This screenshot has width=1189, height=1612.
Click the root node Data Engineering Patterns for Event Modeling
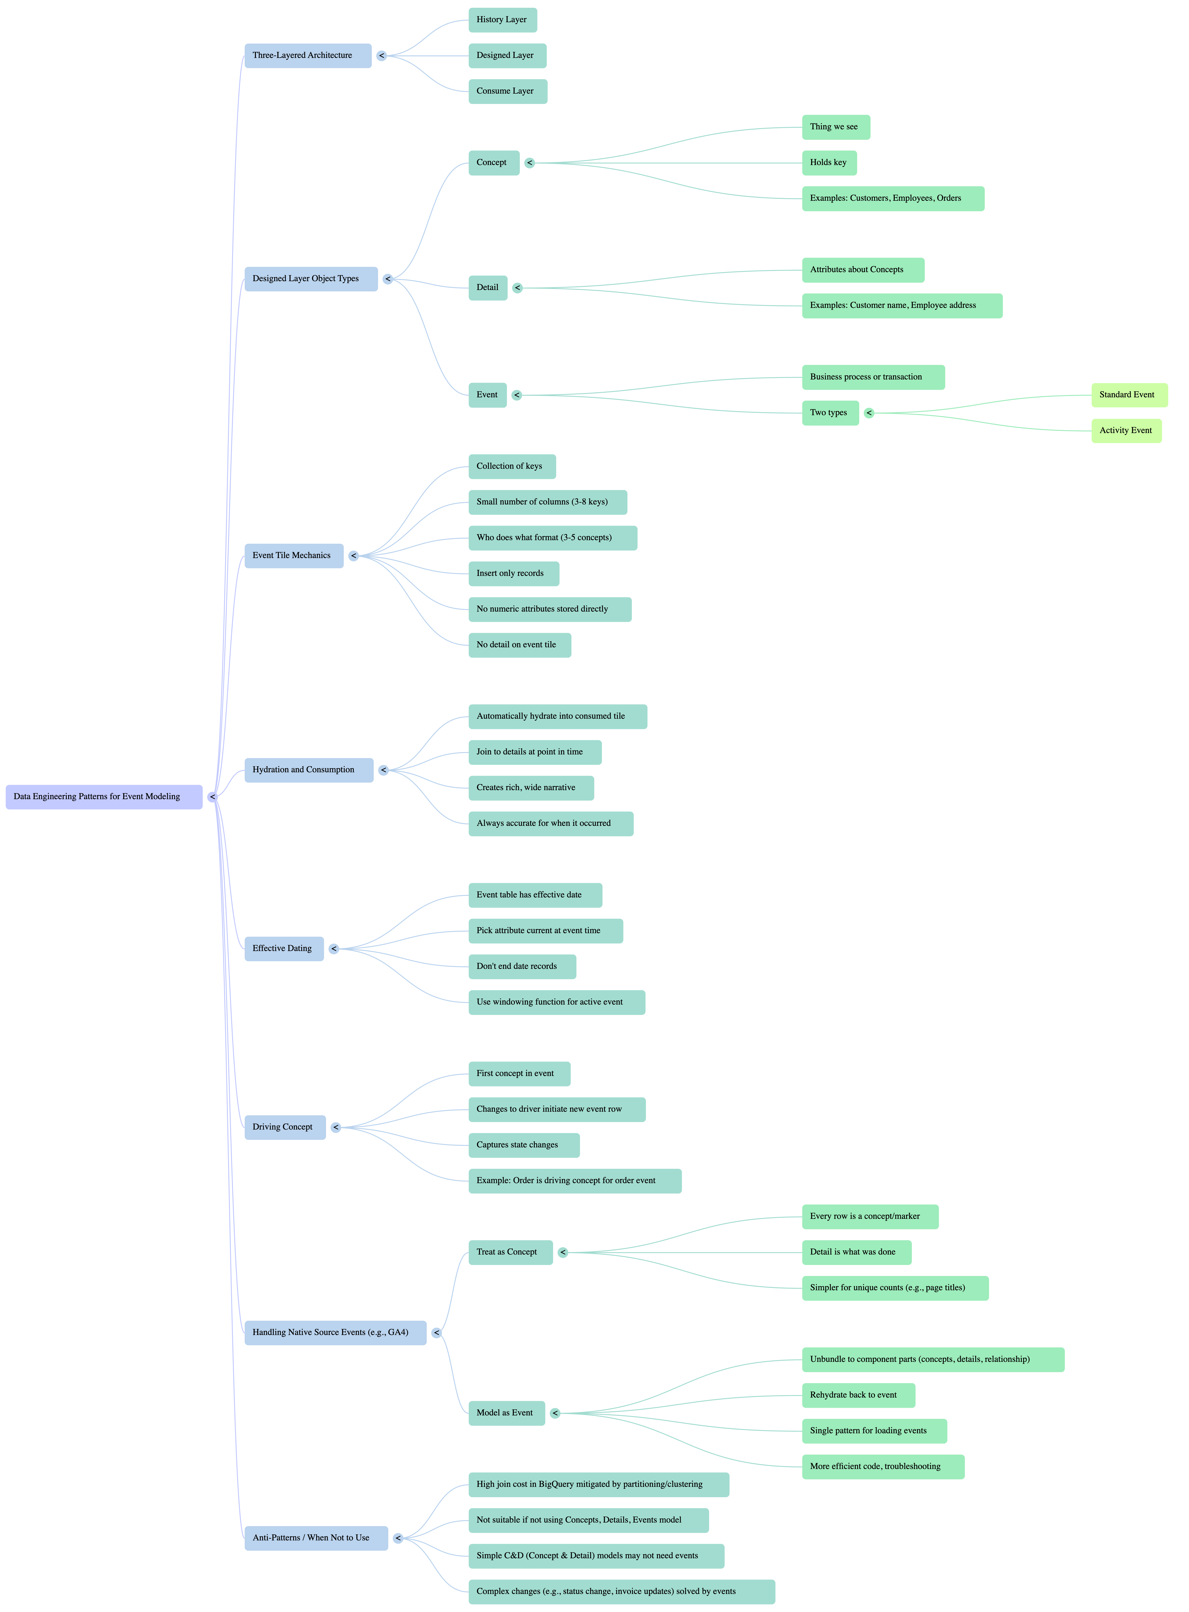104,797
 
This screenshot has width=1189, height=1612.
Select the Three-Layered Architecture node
307,55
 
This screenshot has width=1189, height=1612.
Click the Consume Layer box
507,91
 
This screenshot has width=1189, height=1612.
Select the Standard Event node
1129,395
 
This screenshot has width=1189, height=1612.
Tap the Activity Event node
1126,430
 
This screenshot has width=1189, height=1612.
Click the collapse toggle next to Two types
869,413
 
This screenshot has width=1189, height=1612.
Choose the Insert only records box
513,574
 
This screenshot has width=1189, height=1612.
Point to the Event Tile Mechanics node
294,555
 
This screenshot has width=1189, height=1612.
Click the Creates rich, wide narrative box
530,788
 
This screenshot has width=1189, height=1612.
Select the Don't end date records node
522,967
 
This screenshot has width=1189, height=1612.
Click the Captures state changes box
523,1145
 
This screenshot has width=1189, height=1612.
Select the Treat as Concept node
510,1252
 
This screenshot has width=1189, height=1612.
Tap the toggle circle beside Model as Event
555,1413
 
